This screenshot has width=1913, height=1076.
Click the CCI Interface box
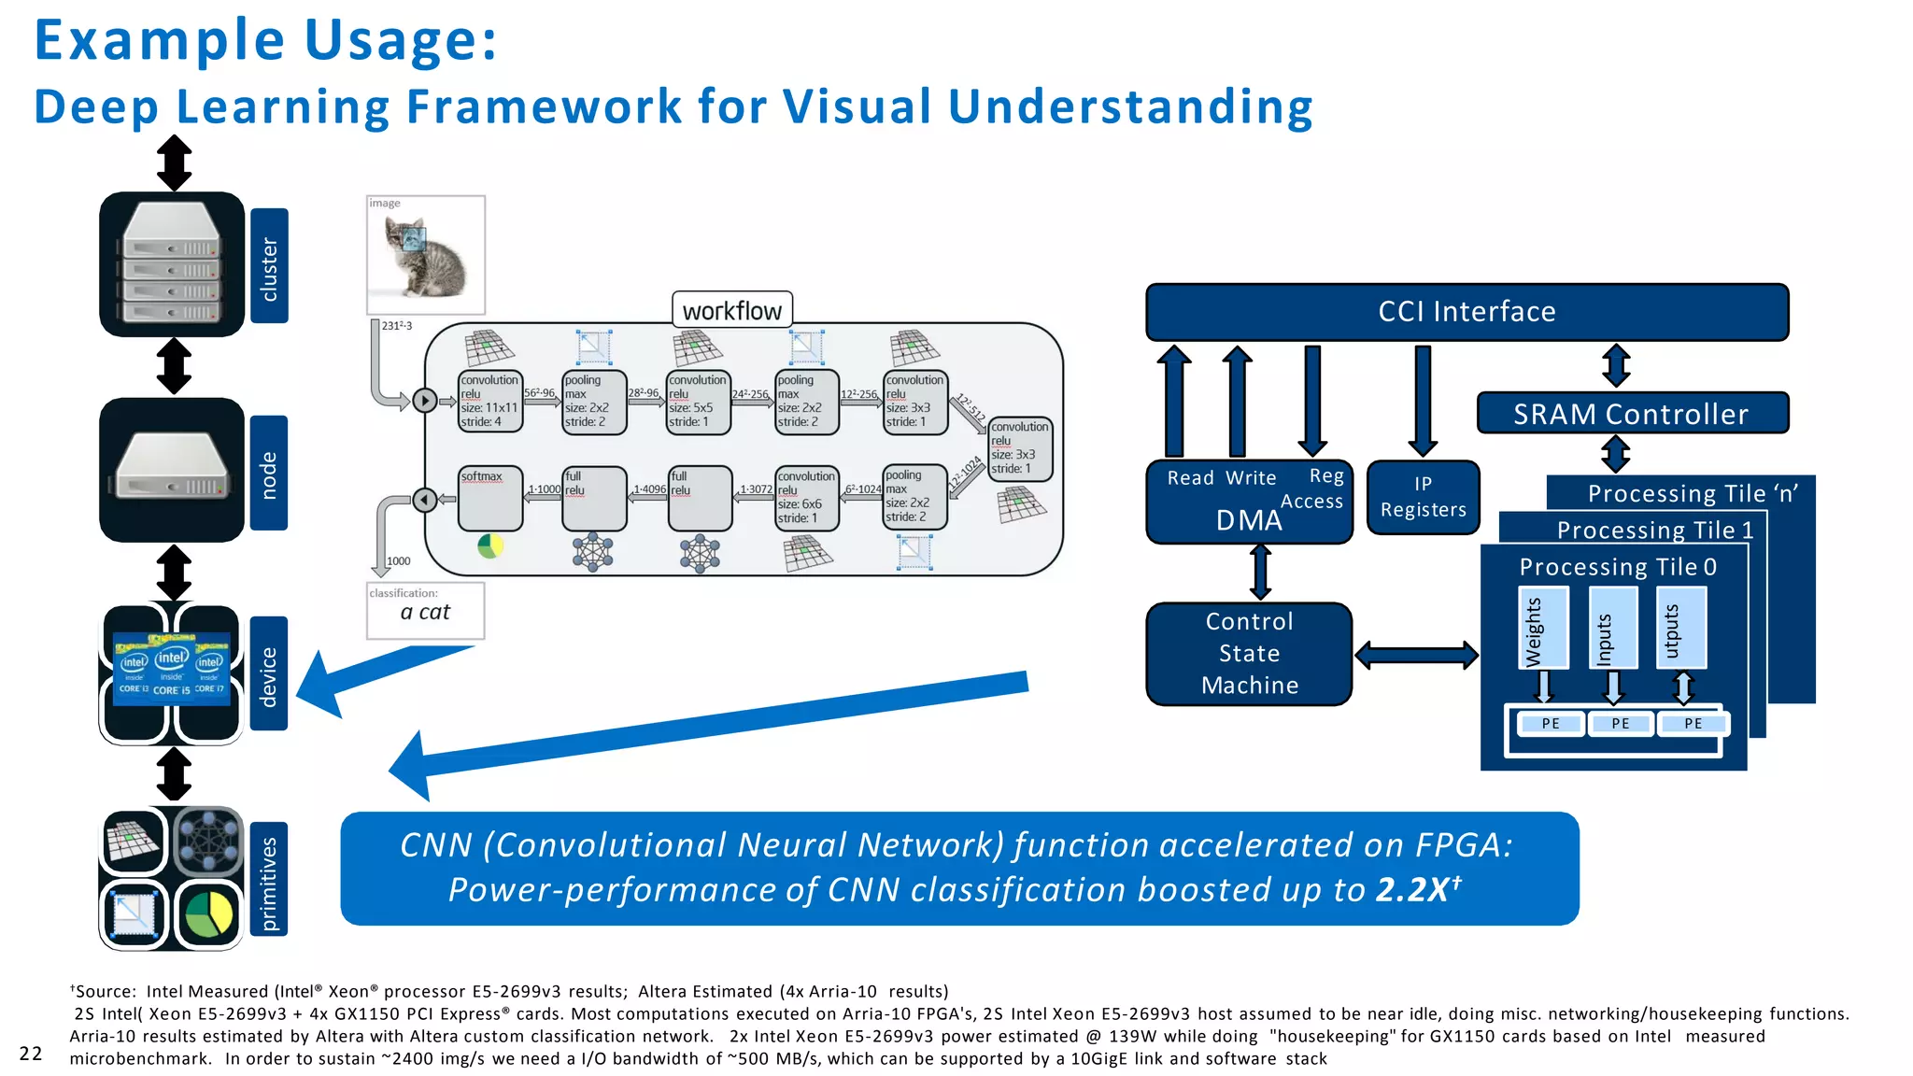1467,312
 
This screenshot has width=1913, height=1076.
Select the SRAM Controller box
1631,414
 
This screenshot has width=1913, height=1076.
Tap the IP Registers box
1423,497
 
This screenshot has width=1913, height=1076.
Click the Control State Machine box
1249,654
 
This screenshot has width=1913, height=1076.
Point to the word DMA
1249,520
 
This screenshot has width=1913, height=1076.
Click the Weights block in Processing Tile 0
1543,628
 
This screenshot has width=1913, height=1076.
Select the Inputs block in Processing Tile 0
1613,628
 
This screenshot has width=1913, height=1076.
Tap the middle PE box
1620,724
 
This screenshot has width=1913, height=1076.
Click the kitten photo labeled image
426,254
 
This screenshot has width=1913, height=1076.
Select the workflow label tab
731,310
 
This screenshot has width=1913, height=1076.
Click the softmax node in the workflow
490,498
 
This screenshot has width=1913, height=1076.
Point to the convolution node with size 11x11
490,402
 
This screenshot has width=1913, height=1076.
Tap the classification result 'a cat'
425,612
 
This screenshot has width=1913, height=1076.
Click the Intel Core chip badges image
172,670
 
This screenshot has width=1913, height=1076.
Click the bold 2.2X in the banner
1412,889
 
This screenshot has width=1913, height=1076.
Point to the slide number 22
31,1054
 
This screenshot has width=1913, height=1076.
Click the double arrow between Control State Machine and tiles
1415,655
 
